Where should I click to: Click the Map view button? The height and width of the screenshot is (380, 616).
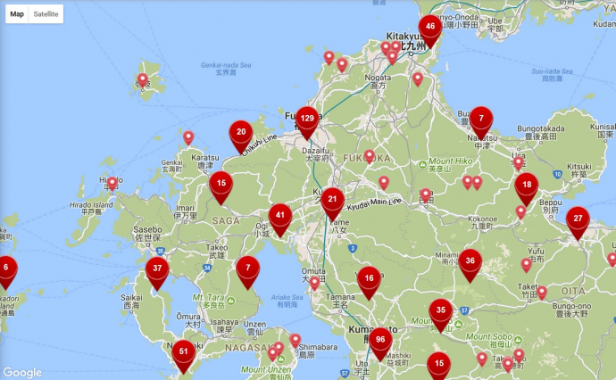(x=17, y=14)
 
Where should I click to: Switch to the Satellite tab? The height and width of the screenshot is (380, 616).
(x=46, y=14)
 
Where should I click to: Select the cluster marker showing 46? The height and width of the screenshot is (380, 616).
(x=430, y=28)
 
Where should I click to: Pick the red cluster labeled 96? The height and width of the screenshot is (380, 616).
(x=380, y=340)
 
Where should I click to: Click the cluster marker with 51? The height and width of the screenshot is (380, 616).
(x=184, y=352)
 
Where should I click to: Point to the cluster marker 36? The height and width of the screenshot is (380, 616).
(x=470, y=261)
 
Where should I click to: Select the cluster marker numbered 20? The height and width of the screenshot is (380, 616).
(x=241, y=133)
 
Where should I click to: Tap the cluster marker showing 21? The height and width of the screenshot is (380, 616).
(x=333, y=201)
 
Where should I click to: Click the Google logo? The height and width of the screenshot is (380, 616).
(x=22, y=372)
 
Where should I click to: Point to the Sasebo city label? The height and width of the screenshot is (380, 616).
(x=146, y=228)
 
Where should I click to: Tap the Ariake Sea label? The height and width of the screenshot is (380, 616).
(x=287, y=298)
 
